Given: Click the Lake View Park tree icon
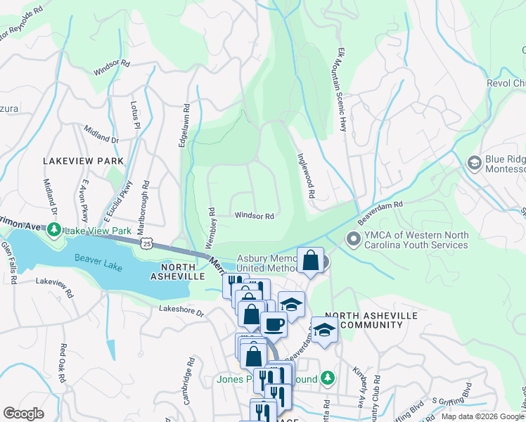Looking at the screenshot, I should point(53,230).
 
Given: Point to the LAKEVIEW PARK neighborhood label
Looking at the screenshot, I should point(83,161).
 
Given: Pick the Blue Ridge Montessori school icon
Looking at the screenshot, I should point(474,163).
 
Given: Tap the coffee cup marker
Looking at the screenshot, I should point(274,324).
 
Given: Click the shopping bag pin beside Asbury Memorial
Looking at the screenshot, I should point(310,260).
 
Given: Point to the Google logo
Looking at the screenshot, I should point(23,414).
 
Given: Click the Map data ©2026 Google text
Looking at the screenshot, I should point(482,416).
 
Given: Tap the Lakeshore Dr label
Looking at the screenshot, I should point(181,309).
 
